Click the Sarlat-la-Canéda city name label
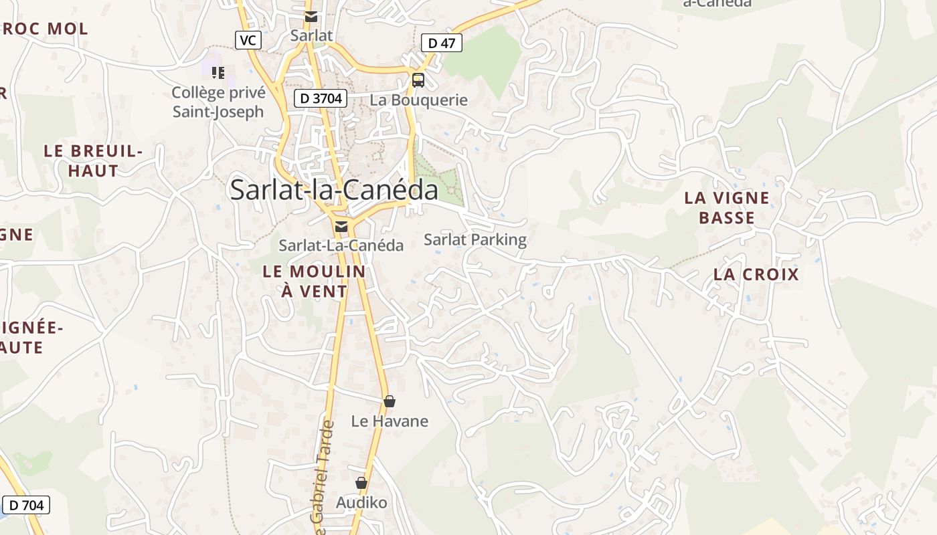tap(334, 190)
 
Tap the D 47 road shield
tap(442, 43)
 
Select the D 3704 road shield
tap(321, 98)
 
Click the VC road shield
tap(248, 40)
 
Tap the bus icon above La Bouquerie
tap(418, 80)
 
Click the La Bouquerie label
tap(419, 100)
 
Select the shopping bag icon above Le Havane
tap(390, 401)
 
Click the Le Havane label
tap(390, 421)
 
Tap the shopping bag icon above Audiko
tap(361, 483)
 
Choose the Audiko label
tap(361, 502)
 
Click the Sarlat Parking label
tap(475, 239)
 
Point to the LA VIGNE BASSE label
tap(727, 207)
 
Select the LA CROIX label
tap(756, 274)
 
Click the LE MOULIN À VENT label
tap(315, 281)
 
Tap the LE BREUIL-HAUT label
tap(93, 160)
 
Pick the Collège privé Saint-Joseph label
tap(218, 102)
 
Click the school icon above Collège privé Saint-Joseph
tap(218, 72)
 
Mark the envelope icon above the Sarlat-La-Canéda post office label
tap(341, 227)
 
